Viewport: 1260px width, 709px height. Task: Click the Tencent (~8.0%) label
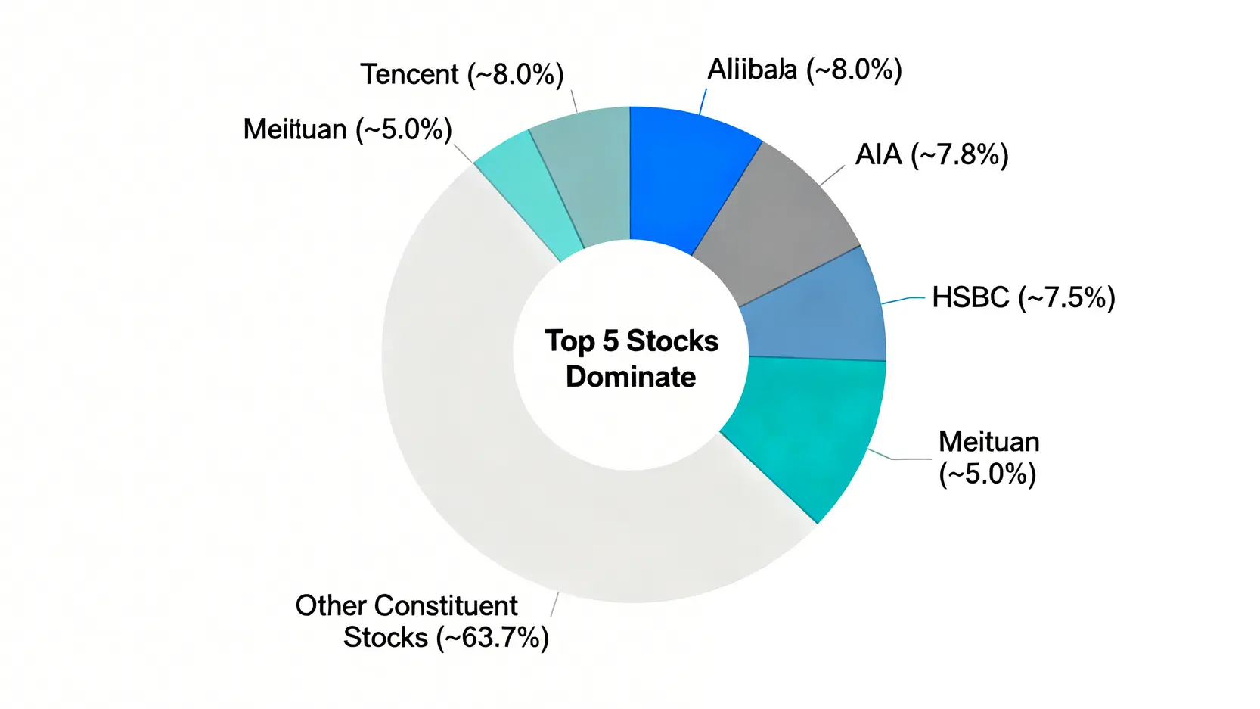[x=461, y=75]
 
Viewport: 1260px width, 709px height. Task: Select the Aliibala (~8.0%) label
[x=804, y=70]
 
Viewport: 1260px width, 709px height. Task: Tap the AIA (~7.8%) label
[x=931, y=155]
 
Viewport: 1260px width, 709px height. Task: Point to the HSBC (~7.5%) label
[x=1023, y=297]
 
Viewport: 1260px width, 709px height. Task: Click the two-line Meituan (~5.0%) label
[x=988, y=458]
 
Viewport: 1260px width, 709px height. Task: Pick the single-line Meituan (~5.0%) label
[x=347, y=130]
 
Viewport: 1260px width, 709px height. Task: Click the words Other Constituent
[x=406, y=606]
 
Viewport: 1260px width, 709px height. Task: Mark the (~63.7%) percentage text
[x=492, y=638]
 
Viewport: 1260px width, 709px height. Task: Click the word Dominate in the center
[x=631, y=377]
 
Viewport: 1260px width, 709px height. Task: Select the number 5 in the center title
[x=610, y=341]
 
